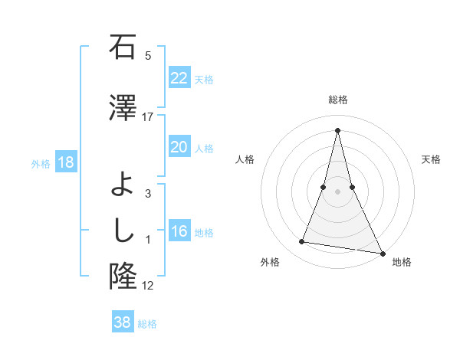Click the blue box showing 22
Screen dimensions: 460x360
tap(179, 77)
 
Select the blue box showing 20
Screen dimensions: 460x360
tap(179, 147)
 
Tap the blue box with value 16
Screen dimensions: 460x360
tap(179, 231)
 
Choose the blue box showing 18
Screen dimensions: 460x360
tap(65, 162)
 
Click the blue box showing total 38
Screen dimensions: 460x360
tap(122, 322)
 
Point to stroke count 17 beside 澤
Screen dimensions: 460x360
tap(148, 116)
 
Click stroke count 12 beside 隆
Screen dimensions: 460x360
tap(148, 286)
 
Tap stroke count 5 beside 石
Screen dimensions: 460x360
tap(148, 55)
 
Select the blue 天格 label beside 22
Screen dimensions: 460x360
tap(204, 79)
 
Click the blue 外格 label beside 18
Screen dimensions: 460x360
tap(41, 163)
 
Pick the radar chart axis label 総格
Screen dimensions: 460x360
tap(337, 100)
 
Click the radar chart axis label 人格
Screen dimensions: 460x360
tap(245, 159)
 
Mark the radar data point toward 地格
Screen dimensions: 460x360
tap(383, 254)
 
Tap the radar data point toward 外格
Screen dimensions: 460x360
tap(302, 242)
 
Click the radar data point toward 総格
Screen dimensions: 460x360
tap(337, 129)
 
